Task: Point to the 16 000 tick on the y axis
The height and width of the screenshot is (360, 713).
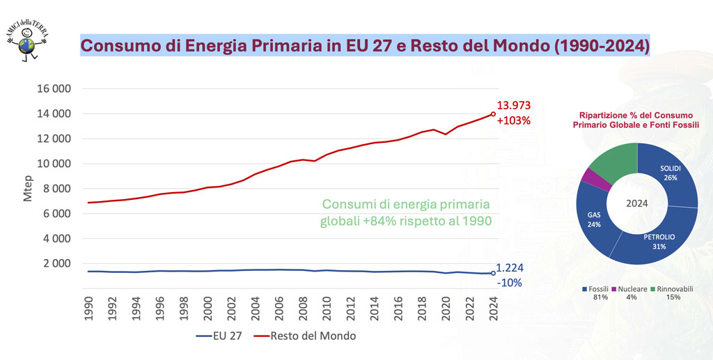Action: (53, 89)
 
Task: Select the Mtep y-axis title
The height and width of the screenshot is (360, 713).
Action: (29, 189)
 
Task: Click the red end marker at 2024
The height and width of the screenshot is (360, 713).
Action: (493, 114)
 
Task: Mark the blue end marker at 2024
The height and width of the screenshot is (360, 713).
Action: (493, 273)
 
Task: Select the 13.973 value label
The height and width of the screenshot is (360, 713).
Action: (514, 106)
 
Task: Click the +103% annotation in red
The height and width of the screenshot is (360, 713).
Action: (514, 120)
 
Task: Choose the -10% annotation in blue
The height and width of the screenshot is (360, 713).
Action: (509, 283)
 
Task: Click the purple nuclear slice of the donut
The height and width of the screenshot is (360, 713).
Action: (594, 178)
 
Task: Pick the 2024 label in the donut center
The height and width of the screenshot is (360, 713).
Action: (637, 204)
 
